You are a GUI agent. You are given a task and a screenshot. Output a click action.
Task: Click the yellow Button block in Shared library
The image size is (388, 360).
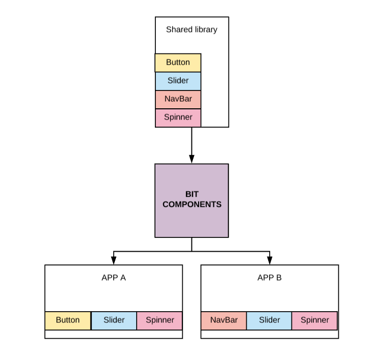pos(178,63)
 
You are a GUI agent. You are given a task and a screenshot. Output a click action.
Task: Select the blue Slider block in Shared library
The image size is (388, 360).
pos(178,81)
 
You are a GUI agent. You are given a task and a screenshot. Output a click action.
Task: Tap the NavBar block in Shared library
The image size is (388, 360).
pos(178,99)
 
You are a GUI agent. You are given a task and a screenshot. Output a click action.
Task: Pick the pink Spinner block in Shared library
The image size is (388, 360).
pos(178,117)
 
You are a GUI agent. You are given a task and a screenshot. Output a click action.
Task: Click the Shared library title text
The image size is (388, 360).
pos(191,29)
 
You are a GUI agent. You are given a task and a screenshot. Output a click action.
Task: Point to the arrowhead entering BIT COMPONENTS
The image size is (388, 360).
pos(191,159)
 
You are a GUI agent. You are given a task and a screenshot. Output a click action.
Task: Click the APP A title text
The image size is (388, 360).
pos(113,278)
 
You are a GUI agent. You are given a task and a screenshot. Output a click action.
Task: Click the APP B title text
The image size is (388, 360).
pos(269,278)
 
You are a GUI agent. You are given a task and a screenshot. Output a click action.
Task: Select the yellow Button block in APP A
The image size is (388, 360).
pos(68,320)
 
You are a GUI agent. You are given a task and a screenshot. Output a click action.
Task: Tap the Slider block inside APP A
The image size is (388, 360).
pos(114,320)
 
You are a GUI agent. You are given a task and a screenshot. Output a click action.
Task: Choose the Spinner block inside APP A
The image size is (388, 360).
pos(159,320)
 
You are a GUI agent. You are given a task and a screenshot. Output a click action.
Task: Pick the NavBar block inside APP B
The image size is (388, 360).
pos(224,320)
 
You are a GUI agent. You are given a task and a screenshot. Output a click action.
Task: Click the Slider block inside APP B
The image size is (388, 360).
pos(269,320)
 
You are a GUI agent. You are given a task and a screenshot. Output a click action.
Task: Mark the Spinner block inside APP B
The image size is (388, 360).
pos(314,320)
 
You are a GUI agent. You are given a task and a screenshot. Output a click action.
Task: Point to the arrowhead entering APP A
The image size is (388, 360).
pos(113,260)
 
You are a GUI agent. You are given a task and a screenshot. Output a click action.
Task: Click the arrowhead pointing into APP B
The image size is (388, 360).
pos(270,260)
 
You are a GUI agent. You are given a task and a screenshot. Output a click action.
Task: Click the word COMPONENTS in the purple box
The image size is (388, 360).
pos(192,204)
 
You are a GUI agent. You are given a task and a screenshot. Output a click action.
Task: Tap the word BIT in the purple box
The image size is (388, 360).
pos(192,194)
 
